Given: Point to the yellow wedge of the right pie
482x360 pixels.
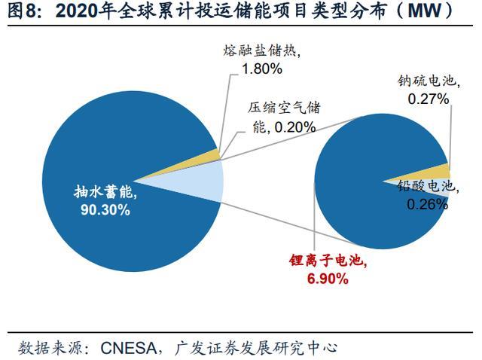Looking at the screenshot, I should (443, 170).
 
